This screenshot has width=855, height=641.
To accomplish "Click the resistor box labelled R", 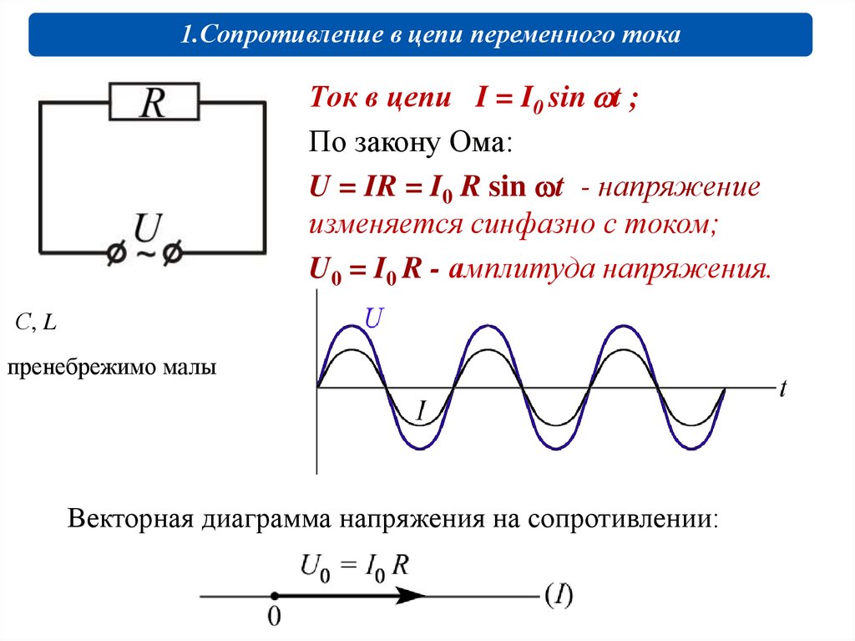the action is tap(154, 103).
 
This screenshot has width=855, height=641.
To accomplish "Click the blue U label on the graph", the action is tap(374, 318).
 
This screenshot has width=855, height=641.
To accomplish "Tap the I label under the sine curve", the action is tap(421, 410).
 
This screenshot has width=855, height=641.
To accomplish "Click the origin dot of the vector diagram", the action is tap(274, 596).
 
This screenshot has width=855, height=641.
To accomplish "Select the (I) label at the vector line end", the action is tap(559, 595).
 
